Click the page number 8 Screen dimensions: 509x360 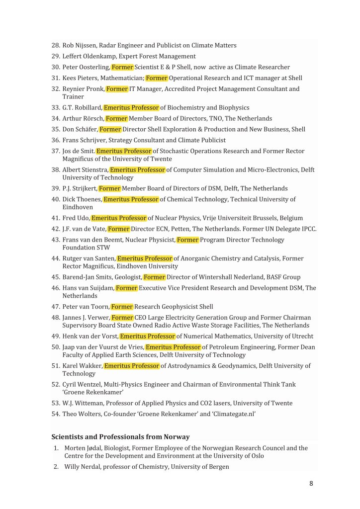pyautogui.click(x=311, y=483)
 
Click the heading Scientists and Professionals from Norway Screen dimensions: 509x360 pyautogui.click(x=120, y=437)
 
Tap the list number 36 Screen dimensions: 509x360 pyautogui.click(x=56, y=140)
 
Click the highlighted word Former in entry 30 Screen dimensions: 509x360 pyautogui.click(x=122, y=67)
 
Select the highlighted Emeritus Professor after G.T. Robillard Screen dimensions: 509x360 pyautogui.click(x=131, y=107)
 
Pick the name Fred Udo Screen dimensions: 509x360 pyautogui.click(x=76, y=218)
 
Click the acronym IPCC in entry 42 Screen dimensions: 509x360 pyautogui.click(x=306, y=229)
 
